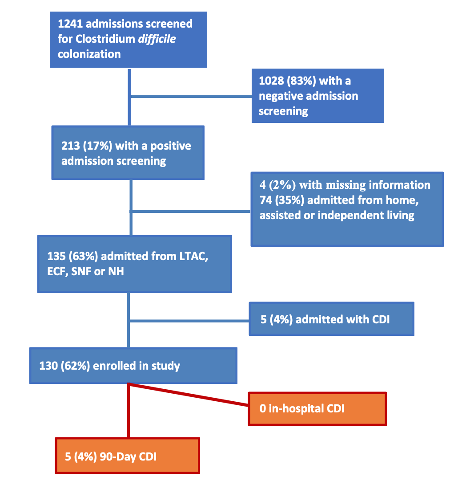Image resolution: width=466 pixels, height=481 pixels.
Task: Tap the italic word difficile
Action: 157,39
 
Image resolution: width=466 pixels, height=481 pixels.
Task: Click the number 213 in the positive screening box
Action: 71,146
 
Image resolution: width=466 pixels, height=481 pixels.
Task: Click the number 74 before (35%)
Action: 265,200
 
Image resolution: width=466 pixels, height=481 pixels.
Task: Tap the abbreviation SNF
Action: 83,270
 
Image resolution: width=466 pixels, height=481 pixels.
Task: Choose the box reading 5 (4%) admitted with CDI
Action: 331,319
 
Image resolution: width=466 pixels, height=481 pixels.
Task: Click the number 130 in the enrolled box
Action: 49,366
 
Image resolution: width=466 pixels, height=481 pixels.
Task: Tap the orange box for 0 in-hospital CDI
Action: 317,408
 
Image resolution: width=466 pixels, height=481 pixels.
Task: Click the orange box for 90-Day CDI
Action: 127,456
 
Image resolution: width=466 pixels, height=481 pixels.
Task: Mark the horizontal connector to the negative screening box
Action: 191,96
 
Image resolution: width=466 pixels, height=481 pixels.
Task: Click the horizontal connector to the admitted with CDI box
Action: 189,320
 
